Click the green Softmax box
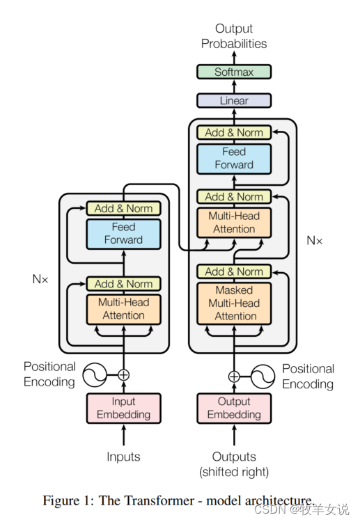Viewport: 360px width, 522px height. tap(234, 72)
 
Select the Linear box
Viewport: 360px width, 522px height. tap(234, 100)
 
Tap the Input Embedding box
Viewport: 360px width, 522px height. tap(123, 408)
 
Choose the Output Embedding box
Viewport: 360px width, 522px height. tap(234, 408)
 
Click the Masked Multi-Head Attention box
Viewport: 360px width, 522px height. tap(234, 303)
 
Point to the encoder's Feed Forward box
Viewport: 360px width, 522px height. tap(123, 234)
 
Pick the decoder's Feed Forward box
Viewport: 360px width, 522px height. tap(234, 159)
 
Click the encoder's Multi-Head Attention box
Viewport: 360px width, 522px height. tap(123, 309)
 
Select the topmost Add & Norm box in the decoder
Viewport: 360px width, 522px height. tap(234, 132)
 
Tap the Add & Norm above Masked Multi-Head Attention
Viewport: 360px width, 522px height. tap(234, 271)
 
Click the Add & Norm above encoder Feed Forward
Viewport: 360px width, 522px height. tap(123, 208)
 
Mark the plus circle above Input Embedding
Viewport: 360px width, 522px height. tap(123, 375)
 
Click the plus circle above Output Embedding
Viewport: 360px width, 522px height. tap(234, 377)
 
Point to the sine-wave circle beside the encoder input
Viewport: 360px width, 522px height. tap(95, 375)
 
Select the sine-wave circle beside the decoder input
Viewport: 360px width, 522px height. tap(263, 377)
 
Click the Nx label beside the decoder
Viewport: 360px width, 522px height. tap(314, 240)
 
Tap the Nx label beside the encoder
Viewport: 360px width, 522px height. tap(40, 279)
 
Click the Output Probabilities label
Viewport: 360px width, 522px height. tap(234, 36)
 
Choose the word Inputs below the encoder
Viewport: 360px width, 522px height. tap(123, 457)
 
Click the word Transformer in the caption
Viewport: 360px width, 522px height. tap(146, 500)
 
